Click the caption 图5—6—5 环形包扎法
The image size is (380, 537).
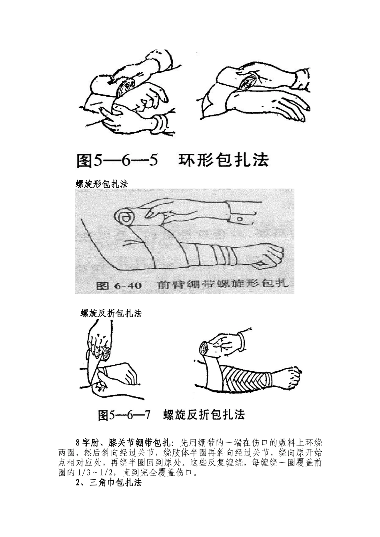click(172, 160)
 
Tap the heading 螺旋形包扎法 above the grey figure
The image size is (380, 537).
click(102, 184)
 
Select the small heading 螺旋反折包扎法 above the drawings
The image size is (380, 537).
click(111, 313)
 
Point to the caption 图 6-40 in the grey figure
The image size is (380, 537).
click(118, 285)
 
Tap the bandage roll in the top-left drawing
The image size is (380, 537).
click(126, 86)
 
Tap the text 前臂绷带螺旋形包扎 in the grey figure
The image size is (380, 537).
click(223, 284)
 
